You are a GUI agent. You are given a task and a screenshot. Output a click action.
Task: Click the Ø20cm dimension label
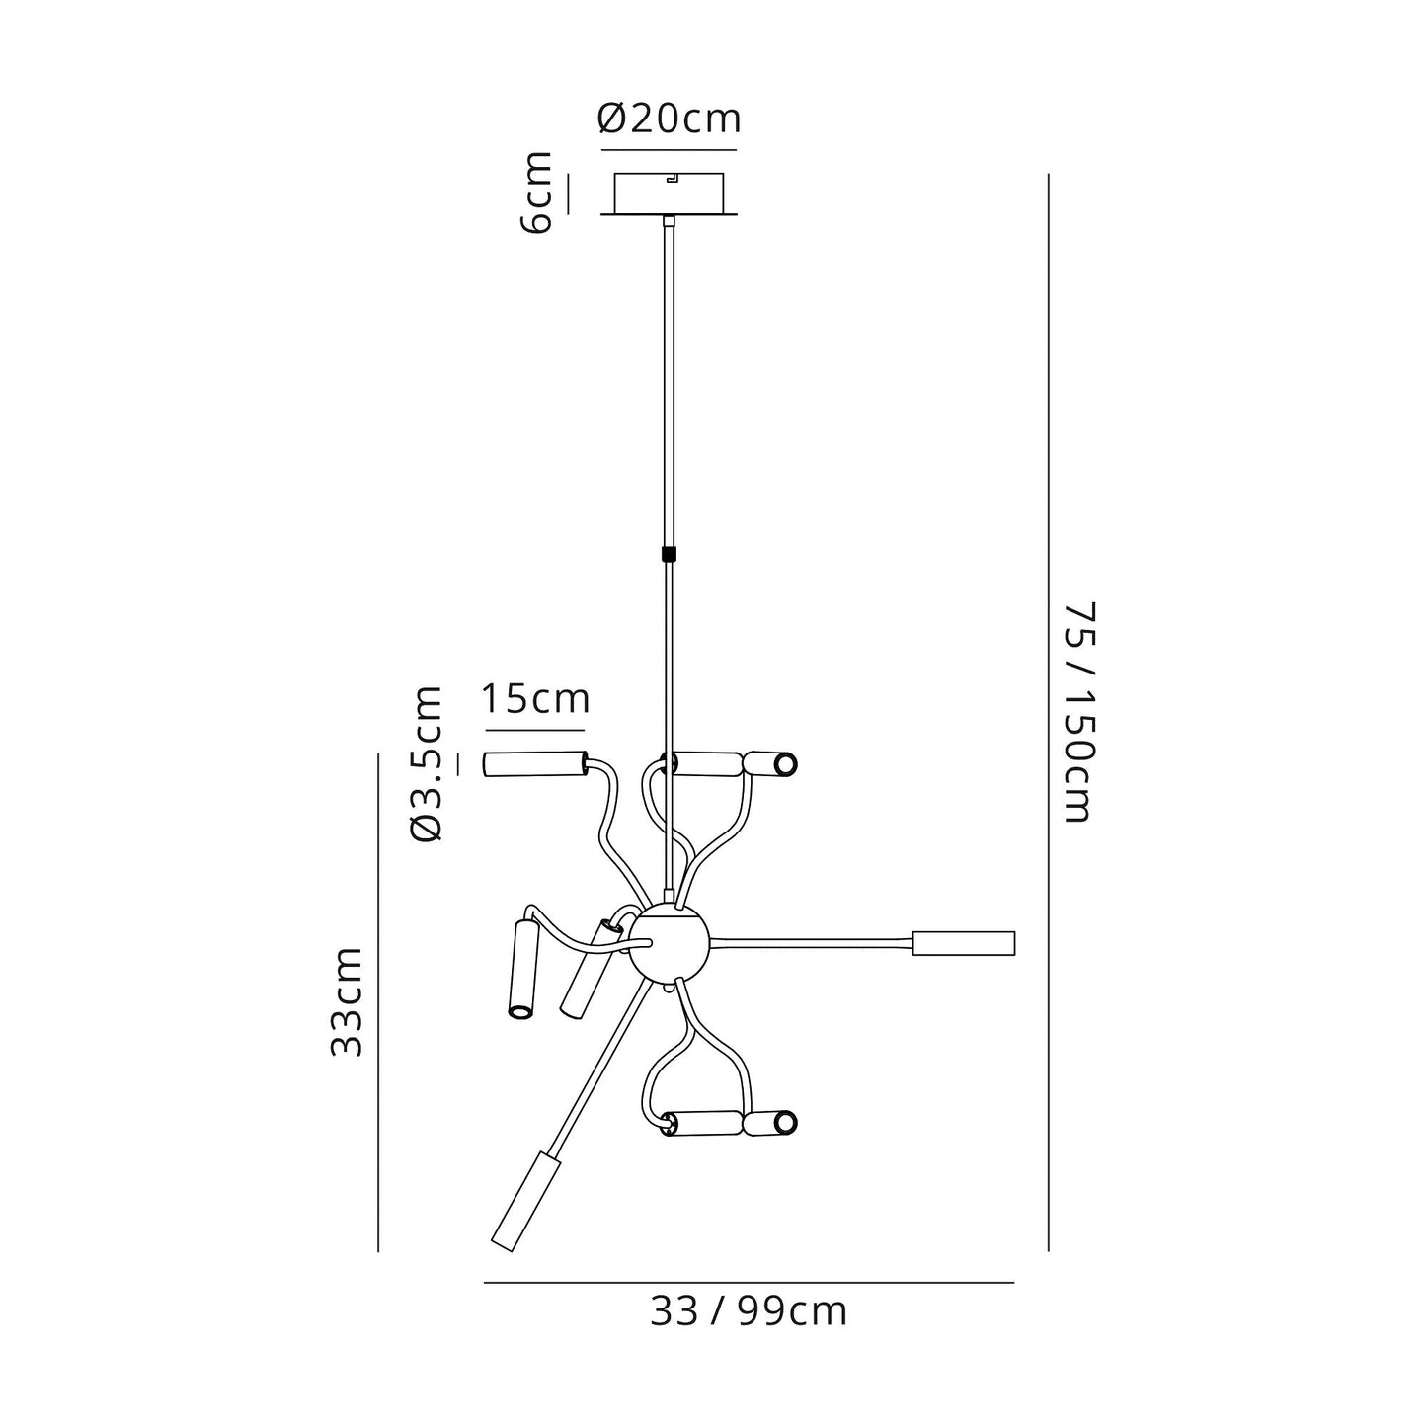[x=669, y=119]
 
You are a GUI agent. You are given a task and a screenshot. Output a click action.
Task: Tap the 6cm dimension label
[x=538, y=193]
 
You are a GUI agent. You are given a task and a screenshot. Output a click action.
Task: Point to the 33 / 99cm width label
[x=749, y=1311]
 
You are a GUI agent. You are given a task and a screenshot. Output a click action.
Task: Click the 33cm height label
[x=347, y=1001]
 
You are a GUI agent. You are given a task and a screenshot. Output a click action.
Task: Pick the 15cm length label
[x=535, y=699]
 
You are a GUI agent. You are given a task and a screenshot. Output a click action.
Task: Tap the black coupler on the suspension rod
[x=670, y=554]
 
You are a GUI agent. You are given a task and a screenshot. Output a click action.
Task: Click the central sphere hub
[x=669, y=944]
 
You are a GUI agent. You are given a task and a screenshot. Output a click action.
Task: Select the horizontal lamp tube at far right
[x=963, y=943]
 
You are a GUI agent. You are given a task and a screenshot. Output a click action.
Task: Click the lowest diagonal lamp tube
[x=524, y=1200]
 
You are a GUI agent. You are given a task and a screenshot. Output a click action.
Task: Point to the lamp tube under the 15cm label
[x=532, y=764]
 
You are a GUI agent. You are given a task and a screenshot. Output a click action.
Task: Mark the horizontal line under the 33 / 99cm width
[x=749, y=1282]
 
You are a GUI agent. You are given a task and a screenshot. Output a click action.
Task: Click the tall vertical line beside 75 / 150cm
[x=1048, y=711]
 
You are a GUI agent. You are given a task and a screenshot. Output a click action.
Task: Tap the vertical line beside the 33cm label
[x=378, y=1001]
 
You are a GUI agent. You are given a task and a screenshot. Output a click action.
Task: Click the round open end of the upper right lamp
[x=785, y=764]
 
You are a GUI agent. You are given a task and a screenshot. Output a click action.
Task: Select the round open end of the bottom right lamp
[x=785, y=1123]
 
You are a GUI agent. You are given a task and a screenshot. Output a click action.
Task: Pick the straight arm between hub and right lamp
[x=810, y=939]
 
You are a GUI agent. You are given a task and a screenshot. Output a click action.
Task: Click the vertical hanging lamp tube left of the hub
[x=520, y=968]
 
